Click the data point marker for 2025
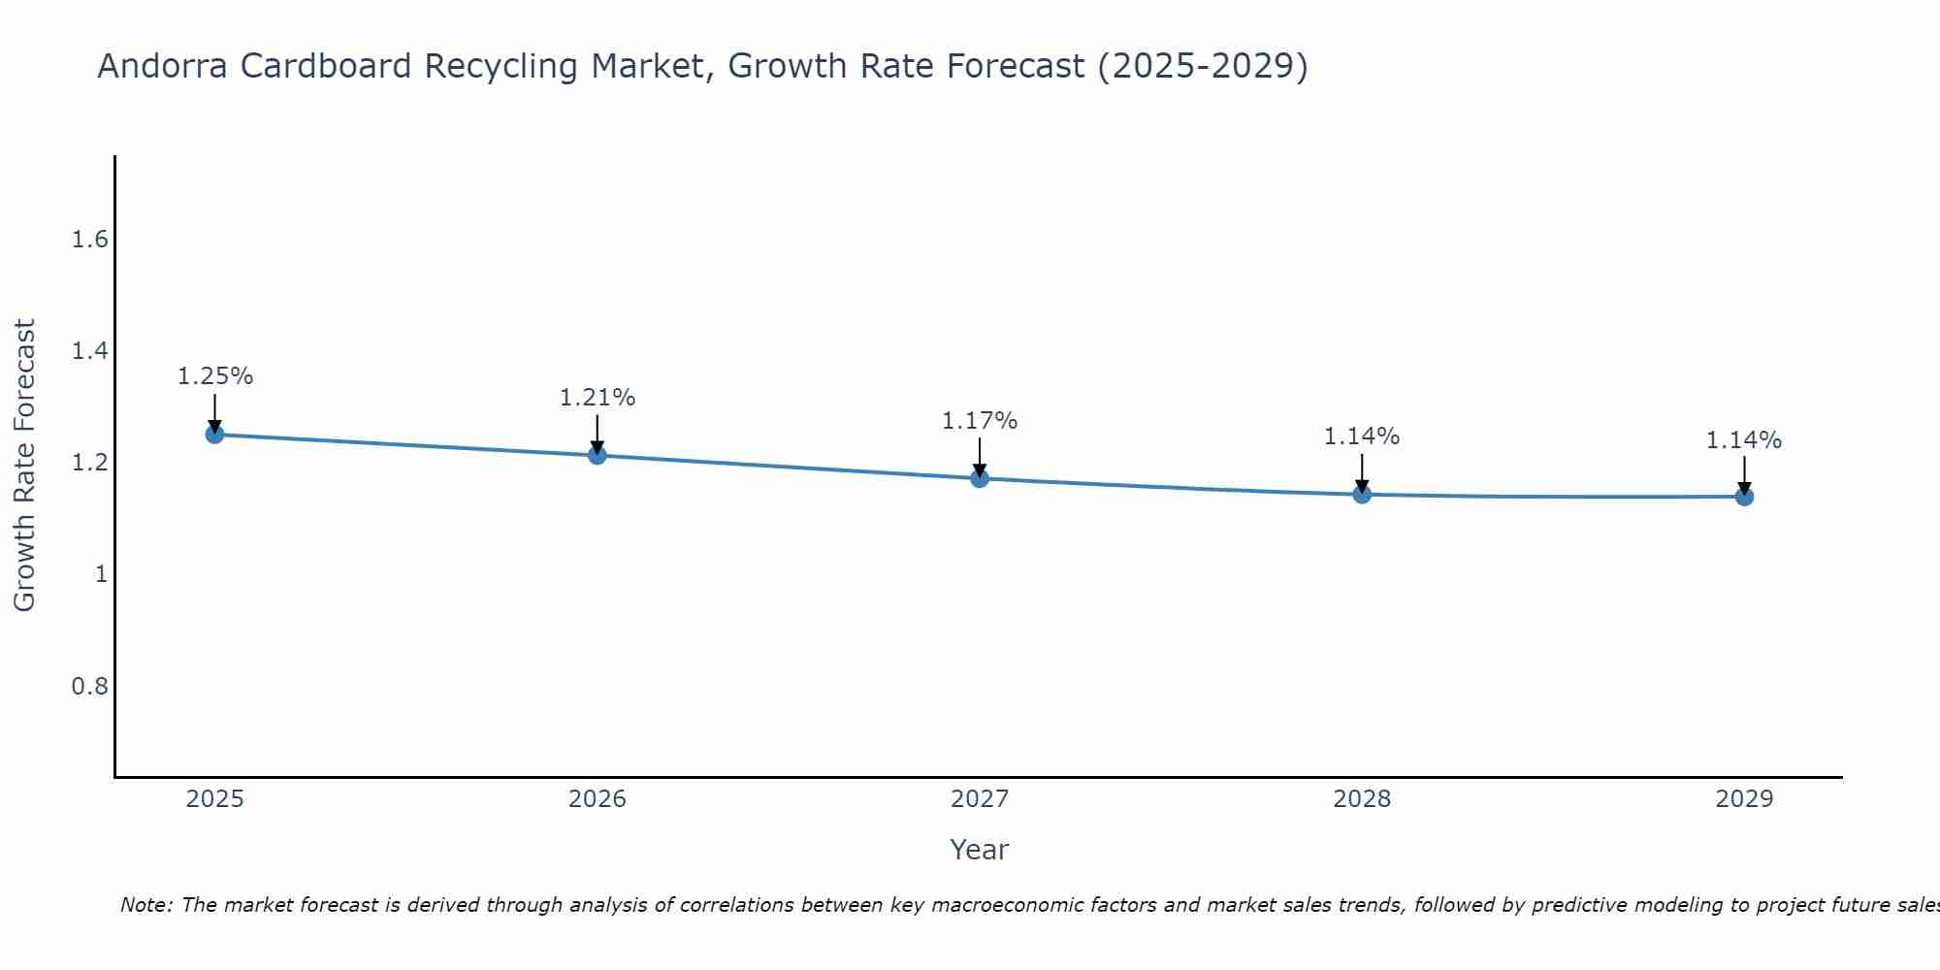point(214,435)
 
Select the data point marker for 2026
point(598,455)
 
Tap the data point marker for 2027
point(980,478)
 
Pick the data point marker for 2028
point(1362,495)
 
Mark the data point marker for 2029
point(1744,497)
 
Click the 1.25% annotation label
point(214,376)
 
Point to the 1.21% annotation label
point(598,398)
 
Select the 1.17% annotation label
point(980,421)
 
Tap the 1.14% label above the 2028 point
point(1362,436)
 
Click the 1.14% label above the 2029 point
point(1744,440)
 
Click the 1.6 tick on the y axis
point(89,240)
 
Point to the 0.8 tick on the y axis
point(89,687)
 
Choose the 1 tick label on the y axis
point(100,574)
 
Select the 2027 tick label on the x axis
point(980,799)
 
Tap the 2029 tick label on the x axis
point(1744,799)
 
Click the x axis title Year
point(980,850)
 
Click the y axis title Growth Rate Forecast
point(24,466)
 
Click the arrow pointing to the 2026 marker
point(598,432)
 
